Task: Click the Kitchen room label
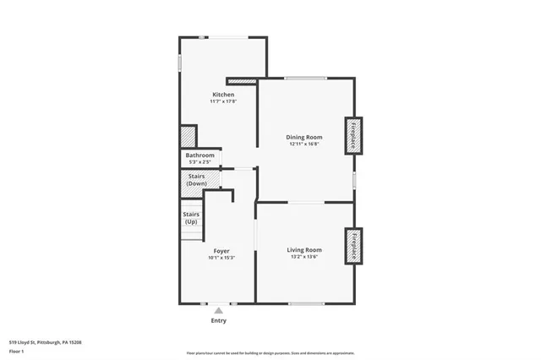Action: click(223, 94)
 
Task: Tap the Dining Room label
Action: click(304, 137)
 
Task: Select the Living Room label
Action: click(304, 249)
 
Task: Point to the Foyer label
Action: click(221, 250)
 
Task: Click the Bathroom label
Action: click(200, 155)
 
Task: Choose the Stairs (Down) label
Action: click(196, 179)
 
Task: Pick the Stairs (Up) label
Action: click(191, 218)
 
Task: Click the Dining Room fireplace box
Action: click(353, 134)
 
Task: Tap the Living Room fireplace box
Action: click(353, 246)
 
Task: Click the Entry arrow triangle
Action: click(218, 311)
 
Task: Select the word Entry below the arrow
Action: click(218, 321)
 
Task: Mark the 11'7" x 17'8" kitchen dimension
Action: click(223, 101)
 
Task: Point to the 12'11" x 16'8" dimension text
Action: click(304, 144)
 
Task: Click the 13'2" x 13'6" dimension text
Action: click(304, 257)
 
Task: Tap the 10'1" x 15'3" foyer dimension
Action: click(221, 258)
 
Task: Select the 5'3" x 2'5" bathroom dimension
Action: click(200, 162)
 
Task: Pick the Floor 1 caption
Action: click(18, 352)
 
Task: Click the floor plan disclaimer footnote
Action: click(270, 352)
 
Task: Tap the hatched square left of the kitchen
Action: click(188, 137)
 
